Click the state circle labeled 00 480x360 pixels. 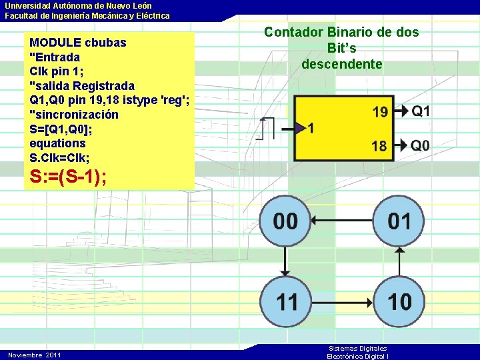pyautogui.click(x=285, y=221)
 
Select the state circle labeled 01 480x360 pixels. pyautogui.click(x=399, y=221)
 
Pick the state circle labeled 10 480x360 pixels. pyautogui.click(x=399, y=301)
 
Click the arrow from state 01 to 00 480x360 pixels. pyautogui.click(x=342, y=221)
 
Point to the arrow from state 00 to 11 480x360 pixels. pyautogui.click(x=285, y=261)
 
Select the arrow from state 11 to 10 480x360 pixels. pyautogui.click(x=342, y=301)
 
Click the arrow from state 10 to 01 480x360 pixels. pyautogui.click(x=399, y=261)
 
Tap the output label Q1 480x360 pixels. pyautogui.click(x=421, y=111)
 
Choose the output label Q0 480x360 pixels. pyautogui.click(x=421, y=145)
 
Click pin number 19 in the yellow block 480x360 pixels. pyautogui.click(x=380, y=112)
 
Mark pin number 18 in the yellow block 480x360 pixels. pyautogui.click(x=379, y=145)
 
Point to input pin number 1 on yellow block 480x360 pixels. pyautogui.click(x=311, y=128)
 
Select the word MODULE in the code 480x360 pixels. pyautogui.click(x=55, y=43)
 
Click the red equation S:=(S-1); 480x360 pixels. pyautogui.click(x=69, y=178)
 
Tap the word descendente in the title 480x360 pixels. pyautogui.click(x=342, y=64)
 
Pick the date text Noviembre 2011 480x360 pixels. pyautogui.click(x=35, y=355)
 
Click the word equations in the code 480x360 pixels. pyautogui.click(x=58, y=143)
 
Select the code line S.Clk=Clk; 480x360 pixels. pyautogui.click(x=59, y=157)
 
